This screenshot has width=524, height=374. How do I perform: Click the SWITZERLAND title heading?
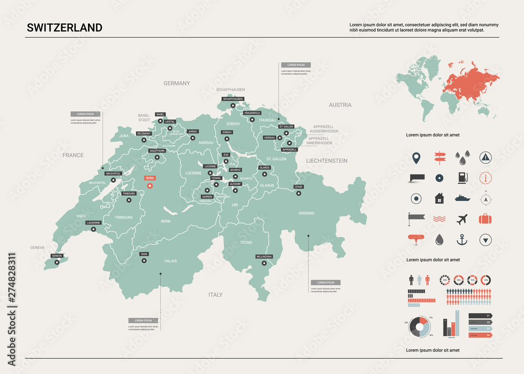click(64, 28)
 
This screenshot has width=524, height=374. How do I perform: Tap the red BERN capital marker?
click(150, 185)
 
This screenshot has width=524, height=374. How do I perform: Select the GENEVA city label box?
click(57, 256)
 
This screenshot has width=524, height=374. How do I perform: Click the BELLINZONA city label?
click(264, 257)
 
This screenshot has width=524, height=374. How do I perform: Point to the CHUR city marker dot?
click(299, 193)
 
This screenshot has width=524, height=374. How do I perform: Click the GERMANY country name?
click(177, 83)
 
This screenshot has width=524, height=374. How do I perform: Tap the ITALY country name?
click(215, 295)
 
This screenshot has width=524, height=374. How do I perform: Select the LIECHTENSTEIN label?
click(327, 160)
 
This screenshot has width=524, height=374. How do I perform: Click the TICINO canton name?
click(246, 243)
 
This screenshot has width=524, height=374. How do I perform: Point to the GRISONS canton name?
click(307, 213)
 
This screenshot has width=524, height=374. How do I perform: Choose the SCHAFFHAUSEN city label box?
click(233, 98)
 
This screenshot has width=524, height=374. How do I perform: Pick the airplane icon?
click(462, 219)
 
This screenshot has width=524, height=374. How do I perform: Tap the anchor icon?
click(462, 240)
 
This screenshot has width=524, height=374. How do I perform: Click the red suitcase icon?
click(486, 218)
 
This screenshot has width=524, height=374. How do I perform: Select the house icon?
click(439, 199)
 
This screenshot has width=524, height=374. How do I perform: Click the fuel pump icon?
click(462, 177)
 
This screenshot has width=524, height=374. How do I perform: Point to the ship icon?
click(462, 198)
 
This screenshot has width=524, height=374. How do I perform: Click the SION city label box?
click(144, 254)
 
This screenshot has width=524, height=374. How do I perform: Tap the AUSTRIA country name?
click(340, 105)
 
